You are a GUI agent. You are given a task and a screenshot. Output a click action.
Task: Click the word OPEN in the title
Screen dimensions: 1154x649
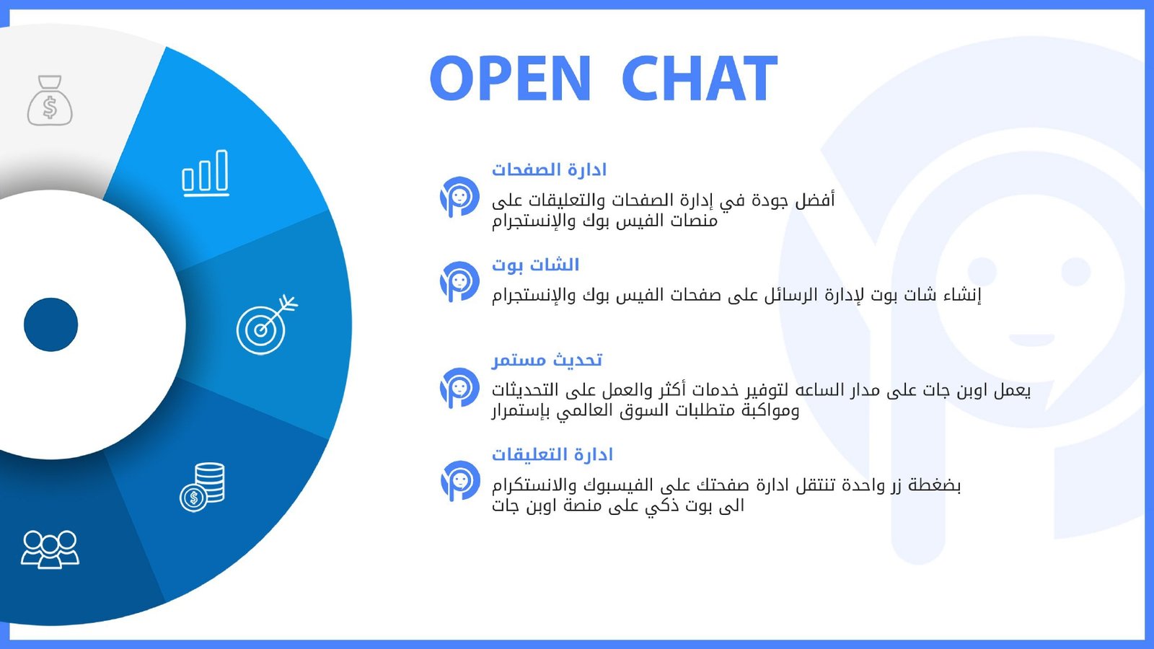tap(510, 78)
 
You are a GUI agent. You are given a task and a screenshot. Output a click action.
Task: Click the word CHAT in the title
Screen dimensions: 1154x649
tap(700, 78)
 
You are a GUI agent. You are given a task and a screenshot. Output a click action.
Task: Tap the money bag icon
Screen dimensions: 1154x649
tap(50, 100)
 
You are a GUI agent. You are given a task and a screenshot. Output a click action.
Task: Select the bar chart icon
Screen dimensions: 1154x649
tap(206, 173)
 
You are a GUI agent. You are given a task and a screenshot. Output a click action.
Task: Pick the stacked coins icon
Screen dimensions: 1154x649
tap(203, 487)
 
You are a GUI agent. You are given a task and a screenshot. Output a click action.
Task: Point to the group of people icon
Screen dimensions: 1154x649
tap(50, 549)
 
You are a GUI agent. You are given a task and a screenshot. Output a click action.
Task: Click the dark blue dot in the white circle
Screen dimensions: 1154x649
tap(50, 324)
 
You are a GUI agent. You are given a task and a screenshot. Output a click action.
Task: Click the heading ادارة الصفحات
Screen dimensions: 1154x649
tap(549, 169)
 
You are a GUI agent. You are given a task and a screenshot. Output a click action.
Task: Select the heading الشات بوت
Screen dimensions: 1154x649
tap(536, 265)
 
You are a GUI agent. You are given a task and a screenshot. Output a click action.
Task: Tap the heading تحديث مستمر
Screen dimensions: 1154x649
tap(547, 360)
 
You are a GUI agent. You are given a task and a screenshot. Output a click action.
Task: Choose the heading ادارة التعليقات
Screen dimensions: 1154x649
tap(552, 455)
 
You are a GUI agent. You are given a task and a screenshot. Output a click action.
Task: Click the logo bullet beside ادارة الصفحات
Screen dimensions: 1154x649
tap(459, 197)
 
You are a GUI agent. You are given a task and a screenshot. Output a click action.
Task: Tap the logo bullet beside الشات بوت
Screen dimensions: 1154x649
tap(459, 281)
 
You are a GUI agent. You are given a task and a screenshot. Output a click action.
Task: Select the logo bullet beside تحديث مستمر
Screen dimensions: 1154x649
tap(459, 388)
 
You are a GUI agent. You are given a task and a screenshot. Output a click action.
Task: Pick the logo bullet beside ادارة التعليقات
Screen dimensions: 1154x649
tap(460, 480)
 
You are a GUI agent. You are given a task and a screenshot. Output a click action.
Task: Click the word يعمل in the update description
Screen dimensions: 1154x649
tap(1012, 391)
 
